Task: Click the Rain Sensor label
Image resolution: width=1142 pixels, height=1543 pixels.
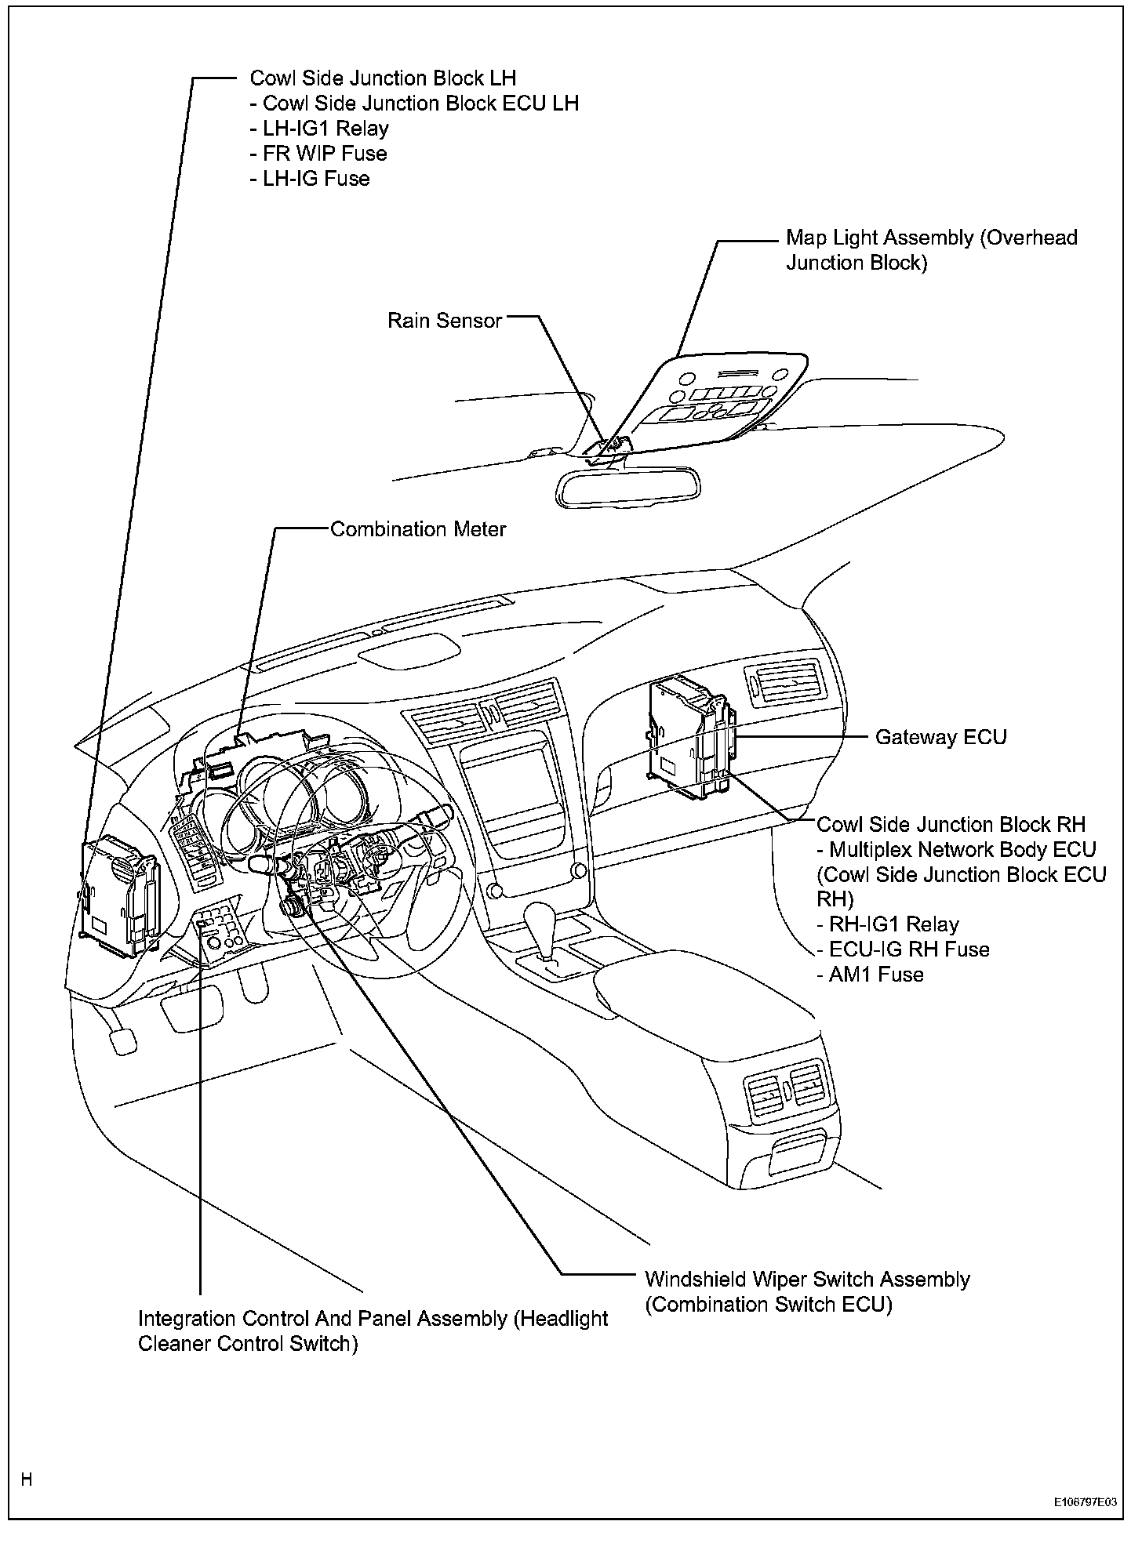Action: coord(444,321)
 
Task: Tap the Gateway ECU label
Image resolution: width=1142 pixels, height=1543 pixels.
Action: coord(940,737)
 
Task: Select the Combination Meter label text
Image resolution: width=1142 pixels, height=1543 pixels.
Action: coord(418,529)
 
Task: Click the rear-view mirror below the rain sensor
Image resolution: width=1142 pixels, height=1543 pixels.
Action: coord(627,485)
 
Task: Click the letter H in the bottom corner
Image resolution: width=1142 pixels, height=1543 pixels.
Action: coord(27,1479)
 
